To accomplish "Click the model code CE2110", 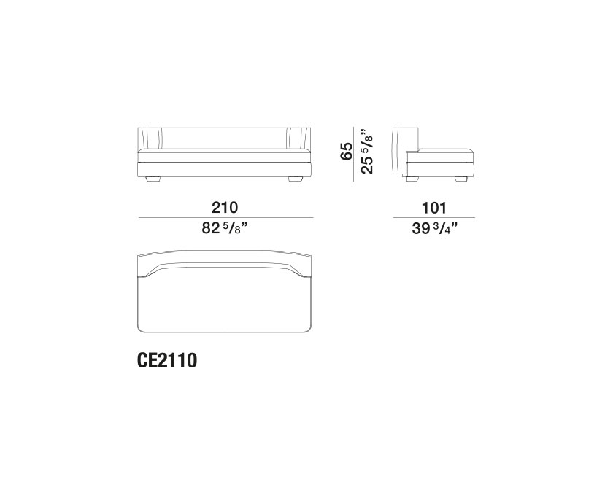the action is pyautogui.click(x=167, y=361).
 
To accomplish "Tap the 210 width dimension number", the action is pyautogui.click(x=225, y=208).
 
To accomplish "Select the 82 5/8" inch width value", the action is pyautogui.click(x=225, y=227).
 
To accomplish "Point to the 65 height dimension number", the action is pyautogui.click(x=347, y=151).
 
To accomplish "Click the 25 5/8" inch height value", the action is pyautogui.click(x=367, y=150).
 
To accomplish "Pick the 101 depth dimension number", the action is pyautogui.click(x=433, y=208).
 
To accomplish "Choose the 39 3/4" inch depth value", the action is pyautogui.click(x=435, y=228).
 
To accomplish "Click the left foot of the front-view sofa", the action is pyautogui.click(x=153, y=179).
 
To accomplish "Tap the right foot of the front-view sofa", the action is pyautogui.click(x=296, y=179).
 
